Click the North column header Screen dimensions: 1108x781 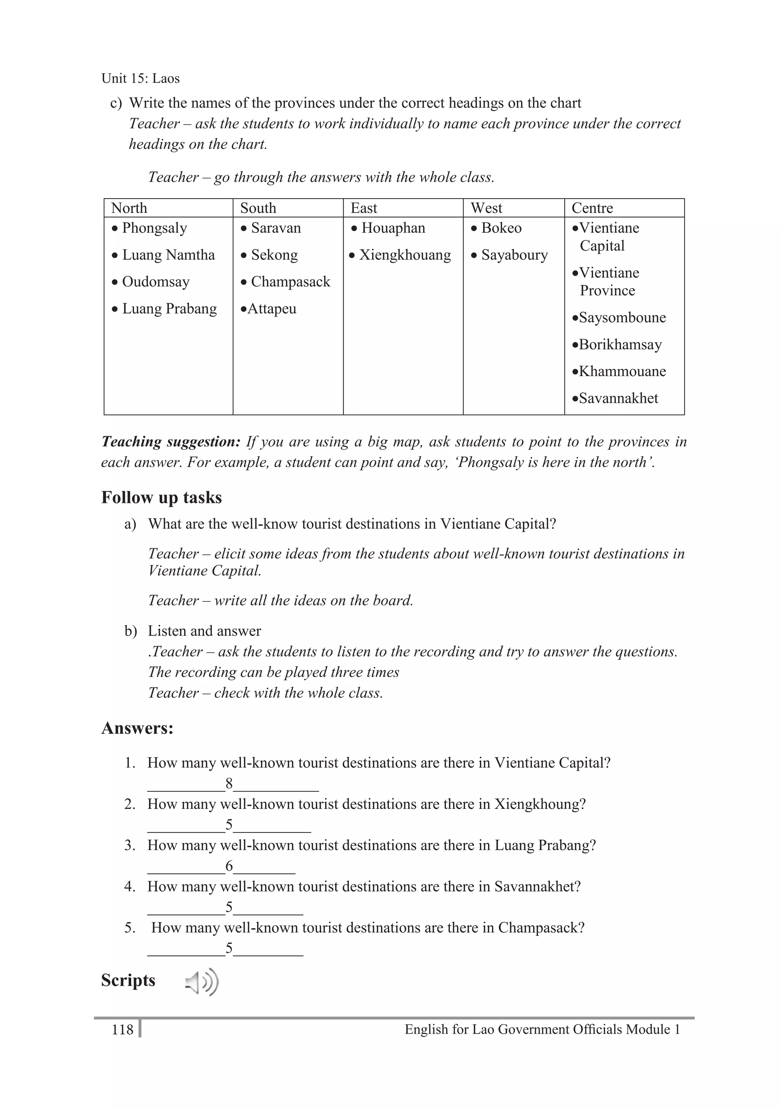coord(129,208)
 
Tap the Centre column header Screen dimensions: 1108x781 coord(592,208)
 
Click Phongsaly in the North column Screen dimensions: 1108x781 coord(154,228)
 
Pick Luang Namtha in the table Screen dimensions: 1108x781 coord(168,255)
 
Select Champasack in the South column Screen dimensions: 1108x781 coord(290,282)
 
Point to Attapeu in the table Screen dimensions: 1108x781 coord(272,309)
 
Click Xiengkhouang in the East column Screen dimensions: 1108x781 coord(405,255)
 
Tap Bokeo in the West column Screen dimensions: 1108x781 coord(501,228)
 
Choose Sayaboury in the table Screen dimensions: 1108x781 coord(514,255)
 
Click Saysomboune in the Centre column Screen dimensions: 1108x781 coord(622,317)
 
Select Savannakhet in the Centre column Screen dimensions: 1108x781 coord(618,399)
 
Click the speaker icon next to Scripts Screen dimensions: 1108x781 coord(201,982)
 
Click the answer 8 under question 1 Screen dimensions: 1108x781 coord(229,784)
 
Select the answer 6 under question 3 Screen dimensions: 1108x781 coord(229,866)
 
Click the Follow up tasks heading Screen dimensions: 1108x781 coord(161,498)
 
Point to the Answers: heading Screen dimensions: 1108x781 coord(137,728)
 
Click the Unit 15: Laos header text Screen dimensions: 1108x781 coord(141,78)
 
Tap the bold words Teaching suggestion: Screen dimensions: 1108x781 coord(170,442)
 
